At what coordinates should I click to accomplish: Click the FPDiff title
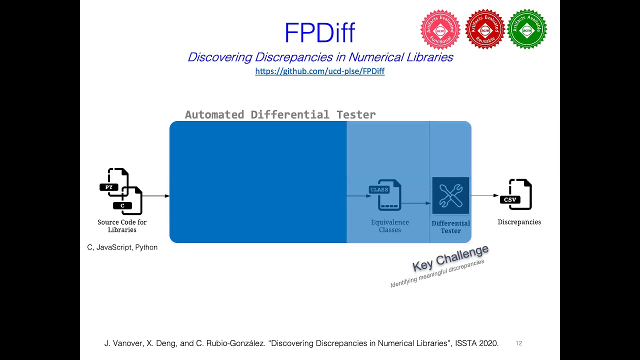(x=319, y=33)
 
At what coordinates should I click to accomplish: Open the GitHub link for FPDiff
(x=319, y=71)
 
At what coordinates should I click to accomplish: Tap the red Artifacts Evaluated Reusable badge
(x=484, y=29)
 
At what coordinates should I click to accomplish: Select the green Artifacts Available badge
(x=526, y=29)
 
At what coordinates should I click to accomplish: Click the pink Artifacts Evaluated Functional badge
(x=440, y=29)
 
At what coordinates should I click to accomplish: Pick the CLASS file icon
(x=385, y=194)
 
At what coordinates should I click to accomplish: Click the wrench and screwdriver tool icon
(x=450, y=195)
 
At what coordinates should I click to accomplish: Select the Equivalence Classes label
(x=390, y=226)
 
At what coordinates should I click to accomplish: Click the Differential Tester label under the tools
(x=450, y=227)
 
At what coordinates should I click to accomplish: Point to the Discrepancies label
(x=519, y=222)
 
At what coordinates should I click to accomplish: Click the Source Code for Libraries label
(x=122, y=226)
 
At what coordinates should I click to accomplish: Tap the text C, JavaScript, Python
(x=122, y=247)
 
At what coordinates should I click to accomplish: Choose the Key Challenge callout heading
(x=450, y=258)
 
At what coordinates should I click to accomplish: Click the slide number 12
(x=518, y=343)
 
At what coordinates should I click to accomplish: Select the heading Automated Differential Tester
(x=280, y=114)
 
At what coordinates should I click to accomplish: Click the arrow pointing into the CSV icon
(x=484, y=195)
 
